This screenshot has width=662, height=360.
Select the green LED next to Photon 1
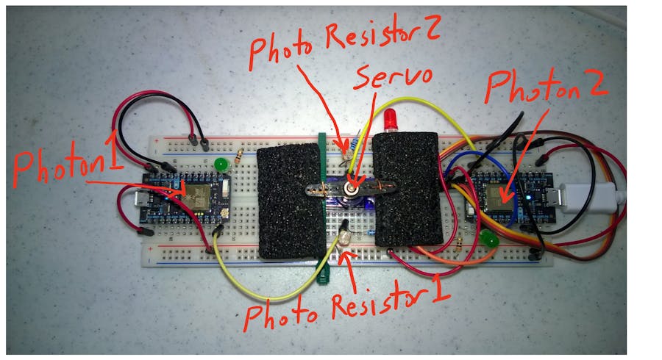[218, 164]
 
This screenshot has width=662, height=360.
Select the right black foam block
[408, 189]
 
